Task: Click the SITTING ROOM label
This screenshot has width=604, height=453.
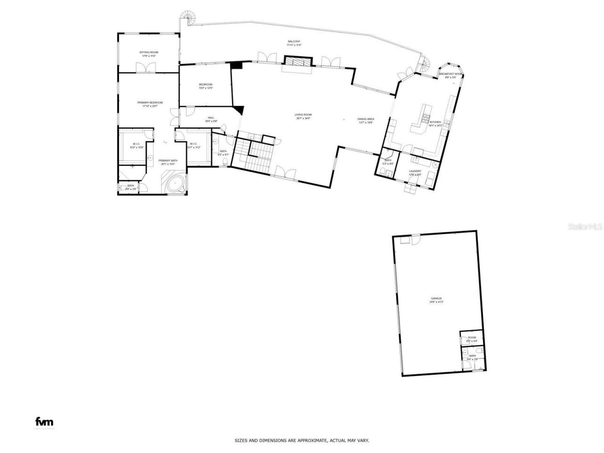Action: click(x=148, y=52)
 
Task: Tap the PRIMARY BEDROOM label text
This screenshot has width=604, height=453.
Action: click(x=150, y=102)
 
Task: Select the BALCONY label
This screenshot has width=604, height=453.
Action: click(x=294, y=42)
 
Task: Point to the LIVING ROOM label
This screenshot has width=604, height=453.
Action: click(x=303, y=115)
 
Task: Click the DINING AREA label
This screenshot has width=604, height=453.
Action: click(x=366, y=119)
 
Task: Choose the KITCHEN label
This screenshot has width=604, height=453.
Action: click(x=435, y=122)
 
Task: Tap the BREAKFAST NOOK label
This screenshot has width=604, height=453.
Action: click(x=451, y=74)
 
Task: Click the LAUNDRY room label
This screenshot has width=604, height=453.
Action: click(x=415, y=171)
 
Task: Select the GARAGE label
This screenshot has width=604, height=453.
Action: click(x=436, y=298)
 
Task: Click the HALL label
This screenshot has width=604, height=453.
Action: click(x=211, y=117)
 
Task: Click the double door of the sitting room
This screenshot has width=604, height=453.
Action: click(x=143, y=68)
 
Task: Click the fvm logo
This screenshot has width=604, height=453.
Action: click(x=45, y=422)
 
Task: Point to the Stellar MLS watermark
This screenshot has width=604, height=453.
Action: click(x=585, y=227)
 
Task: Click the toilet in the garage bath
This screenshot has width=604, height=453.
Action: click(x=478, y=352)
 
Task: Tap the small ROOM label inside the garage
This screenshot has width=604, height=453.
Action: click(x=472, y=338)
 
